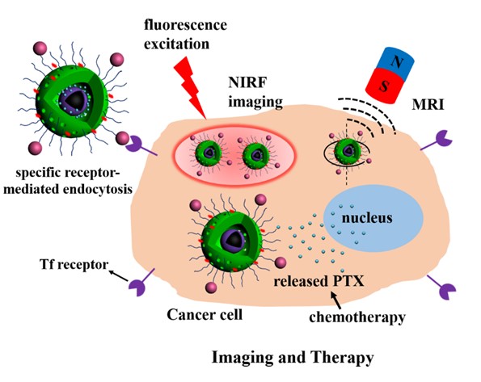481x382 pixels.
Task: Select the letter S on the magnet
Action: [x=383, y=86]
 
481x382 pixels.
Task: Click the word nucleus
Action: [x=367, y=218]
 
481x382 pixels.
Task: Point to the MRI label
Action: [x=428, y=105]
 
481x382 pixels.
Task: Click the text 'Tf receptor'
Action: [x=74, y=264]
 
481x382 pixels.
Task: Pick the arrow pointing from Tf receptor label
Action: [x=119, y=275]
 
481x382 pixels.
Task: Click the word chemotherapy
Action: [x=357, y=317]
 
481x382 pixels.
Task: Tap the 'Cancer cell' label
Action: [x=205, y=314]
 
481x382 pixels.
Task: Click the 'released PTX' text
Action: [x=319, y=281]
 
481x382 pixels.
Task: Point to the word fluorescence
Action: [x=186, y=25]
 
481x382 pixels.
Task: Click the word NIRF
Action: [x=247, y=82]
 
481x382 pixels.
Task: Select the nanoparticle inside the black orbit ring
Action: [x=348, y=151]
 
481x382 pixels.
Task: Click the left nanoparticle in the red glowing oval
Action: [x=209, y=153]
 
